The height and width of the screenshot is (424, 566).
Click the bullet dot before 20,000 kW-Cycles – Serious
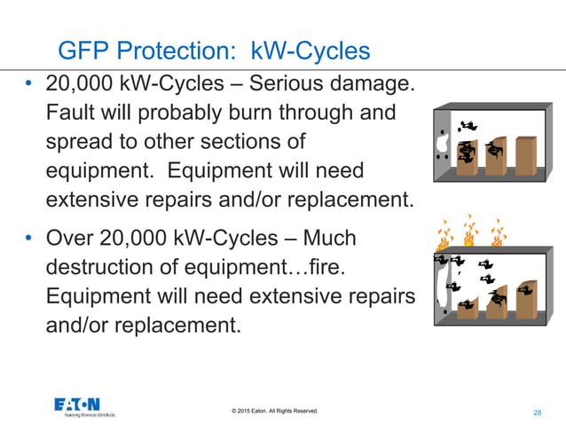[30, 87]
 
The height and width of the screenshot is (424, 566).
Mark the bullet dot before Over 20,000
[30, 240]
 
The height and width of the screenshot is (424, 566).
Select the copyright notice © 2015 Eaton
[274, 411]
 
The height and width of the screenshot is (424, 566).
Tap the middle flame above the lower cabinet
[468, 232]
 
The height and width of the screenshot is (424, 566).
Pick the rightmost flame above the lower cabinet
[498, 231]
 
